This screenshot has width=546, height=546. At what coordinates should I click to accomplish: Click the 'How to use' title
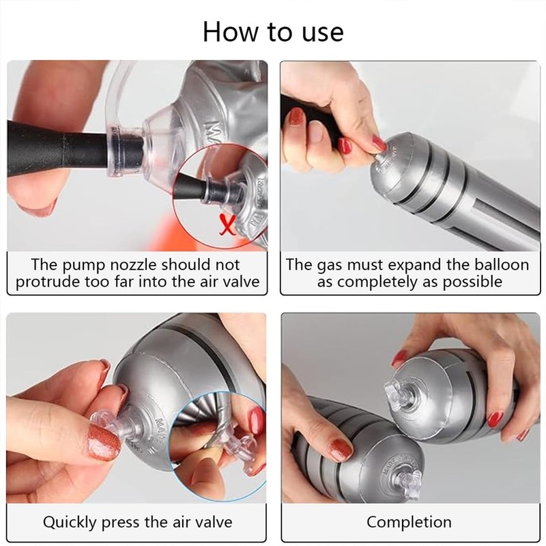[x=273, y=32]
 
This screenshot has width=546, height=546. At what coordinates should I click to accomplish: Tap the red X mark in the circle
[x=228, y=225]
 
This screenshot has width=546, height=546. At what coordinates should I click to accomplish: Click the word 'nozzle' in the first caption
[x=134, y=265]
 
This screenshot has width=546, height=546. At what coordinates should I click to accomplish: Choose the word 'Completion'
[x=409, y=522]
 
